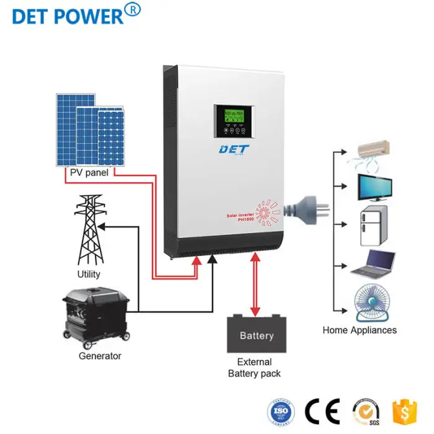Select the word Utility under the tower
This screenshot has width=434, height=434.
[89, 274]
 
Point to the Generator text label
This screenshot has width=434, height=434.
[100, 356]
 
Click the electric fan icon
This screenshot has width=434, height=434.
[372, 302]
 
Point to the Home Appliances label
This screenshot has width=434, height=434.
[360, 330]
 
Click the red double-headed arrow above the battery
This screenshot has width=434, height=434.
[255, 285]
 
